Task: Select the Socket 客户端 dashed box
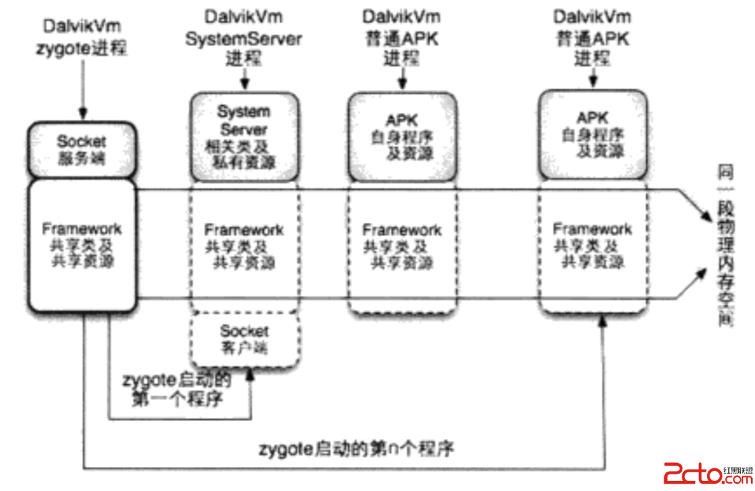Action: tap(244, 339)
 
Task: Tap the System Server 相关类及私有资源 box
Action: tap(244, 137)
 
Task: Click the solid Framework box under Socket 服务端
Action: tap(82, 246)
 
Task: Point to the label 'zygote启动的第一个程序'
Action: tap(177, 390)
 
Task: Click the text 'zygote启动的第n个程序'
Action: tap(356, 448)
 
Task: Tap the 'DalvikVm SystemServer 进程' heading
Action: tap(243, 38)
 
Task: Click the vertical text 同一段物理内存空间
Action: tap(725, 247)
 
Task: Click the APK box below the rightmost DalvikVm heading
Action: tap(592, 136)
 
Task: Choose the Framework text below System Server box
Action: tap(243, 230)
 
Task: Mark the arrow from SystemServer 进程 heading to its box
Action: tap(244, 79)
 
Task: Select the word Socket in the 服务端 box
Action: tap(81, 141)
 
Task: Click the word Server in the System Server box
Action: tap(244, 129)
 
